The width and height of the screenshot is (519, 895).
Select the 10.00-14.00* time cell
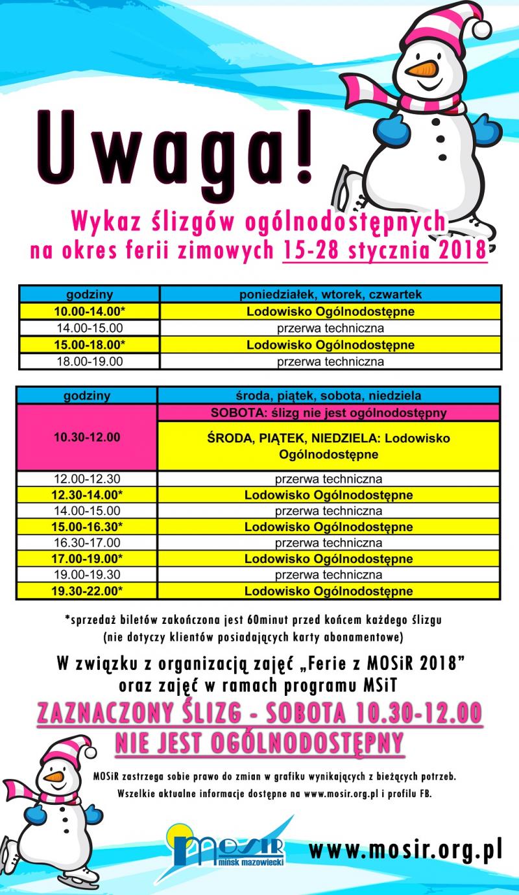click(90, 312)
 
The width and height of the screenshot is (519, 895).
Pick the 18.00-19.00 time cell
click(90, 361)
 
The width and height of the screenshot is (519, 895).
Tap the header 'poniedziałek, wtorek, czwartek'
click(330, 294)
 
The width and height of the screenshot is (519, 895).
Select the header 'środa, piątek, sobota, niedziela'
click(329, 396)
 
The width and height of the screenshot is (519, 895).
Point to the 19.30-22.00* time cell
click(90, 591)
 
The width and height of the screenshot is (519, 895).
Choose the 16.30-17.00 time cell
click(90, 543)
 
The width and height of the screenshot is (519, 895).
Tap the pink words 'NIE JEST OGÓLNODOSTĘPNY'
click(259, 742)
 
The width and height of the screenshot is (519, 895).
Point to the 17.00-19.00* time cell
click(90, 558)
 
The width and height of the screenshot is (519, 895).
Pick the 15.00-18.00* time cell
click(90, 345)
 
